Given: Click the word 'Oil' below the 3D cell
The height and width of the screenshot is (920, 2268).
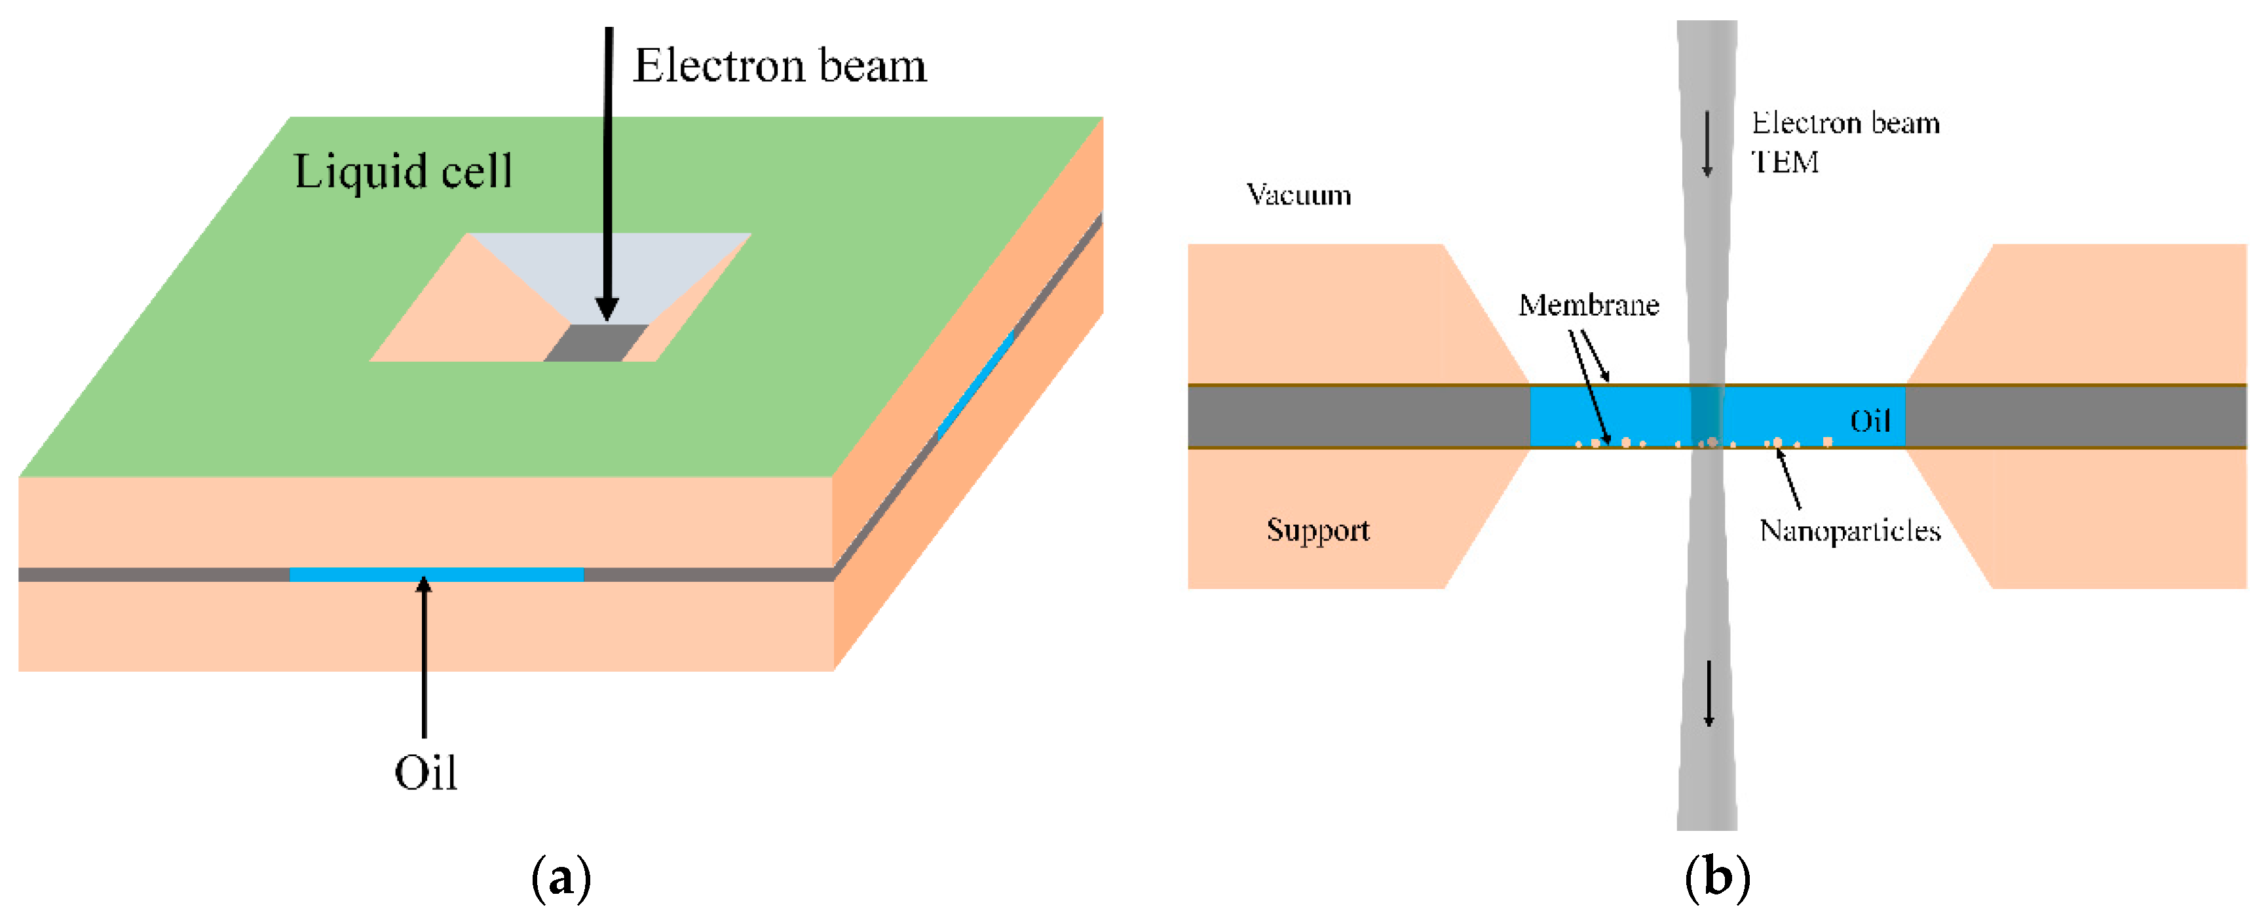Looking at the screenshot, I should (x=425, y=773).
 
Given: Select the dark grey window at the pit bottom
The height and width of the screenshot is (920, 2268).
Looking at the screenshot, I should (x=596, y=343).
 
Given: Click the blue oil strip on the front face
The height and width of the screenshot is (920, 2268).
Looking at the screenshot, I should (x=436, y=575).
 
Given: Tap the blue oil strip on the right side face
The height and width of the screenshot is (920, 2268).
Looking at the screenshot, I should (x=975, y=387).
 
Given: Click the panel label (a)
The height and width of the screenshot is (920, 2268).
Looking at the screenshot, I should (x=561, y=878).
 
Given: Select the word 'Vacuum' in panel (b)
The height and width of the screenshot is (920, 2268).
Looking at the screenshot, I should (x=1298, y=195).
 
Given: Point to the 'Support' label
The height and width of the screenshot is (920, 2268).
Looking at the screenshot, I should (x=1317, y=530).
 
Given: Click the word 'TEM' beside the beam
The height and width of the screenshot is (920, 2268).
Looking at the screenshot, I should (x=1785, y=162).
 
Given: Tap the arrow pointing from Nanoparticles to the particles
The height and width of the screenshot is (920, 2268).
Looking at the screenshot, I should (x=1789, y=478).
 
